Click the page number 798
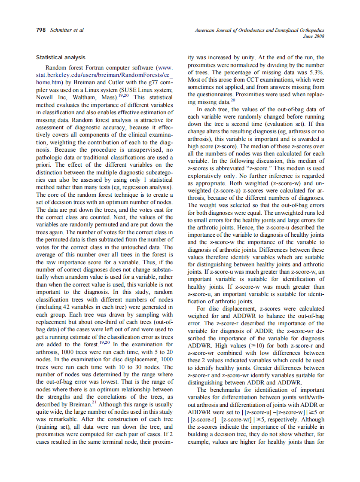pos(41,30)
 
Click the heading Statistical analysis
pos(61,57)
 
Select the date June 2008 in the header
pos(314,36)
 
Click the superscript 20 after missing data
pos(232,100)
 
